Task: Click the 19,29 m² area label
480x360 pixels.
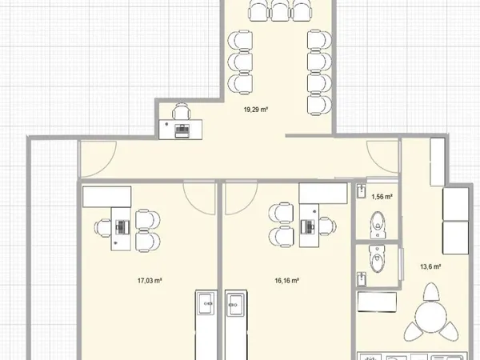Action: pyautogui.click(x=256, y=110)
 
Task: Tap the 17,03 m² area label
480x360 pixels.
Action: pyautogui.click(x=150, y=281)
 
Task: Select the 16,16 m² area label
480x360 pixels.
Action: pyautogui.click(x=287, y=281)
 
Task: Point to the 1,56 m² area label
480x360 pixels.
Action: pyautogui.click(x=382, y=197)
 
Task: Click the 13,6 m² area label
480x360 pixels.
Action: pyautogui.click(x=430, y=266)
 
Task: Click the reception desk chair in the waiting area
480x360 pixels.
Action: pyautogui.click(x=182, y=111)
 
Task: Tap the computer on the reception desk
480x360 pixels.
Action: pyautogui.click(x=182, y=131)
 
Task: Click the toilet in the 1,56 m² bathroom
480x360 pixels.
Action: pyautogui.click(x=378, y=225)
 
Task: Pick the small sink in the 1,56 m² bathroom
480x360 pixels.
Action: pyautogui.click(x=362, y=191)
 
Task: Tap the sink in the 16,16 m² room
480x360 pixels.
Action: pyautogui.click(x=236, y=304)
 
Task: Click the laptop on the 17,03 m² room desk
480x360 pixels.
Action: pyautogui.click(x=122, y=227)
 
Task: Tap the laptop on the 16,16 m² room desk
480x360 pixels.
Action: pyautogui.click(x=308, y=227)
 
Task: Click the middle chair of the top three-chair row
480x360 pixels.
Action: pyautogui.click(x=281, y=10)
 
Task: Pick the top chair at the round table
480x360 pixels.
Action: pyautogui.click(x=430, y=292)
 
